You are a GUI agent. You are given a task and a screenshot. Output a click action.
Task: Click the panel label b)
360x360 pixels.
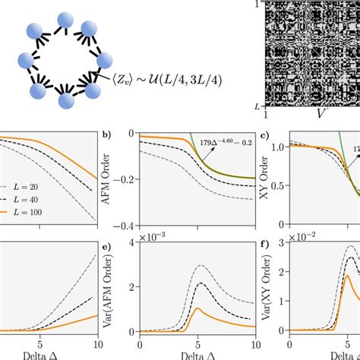tap(107, 137)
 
